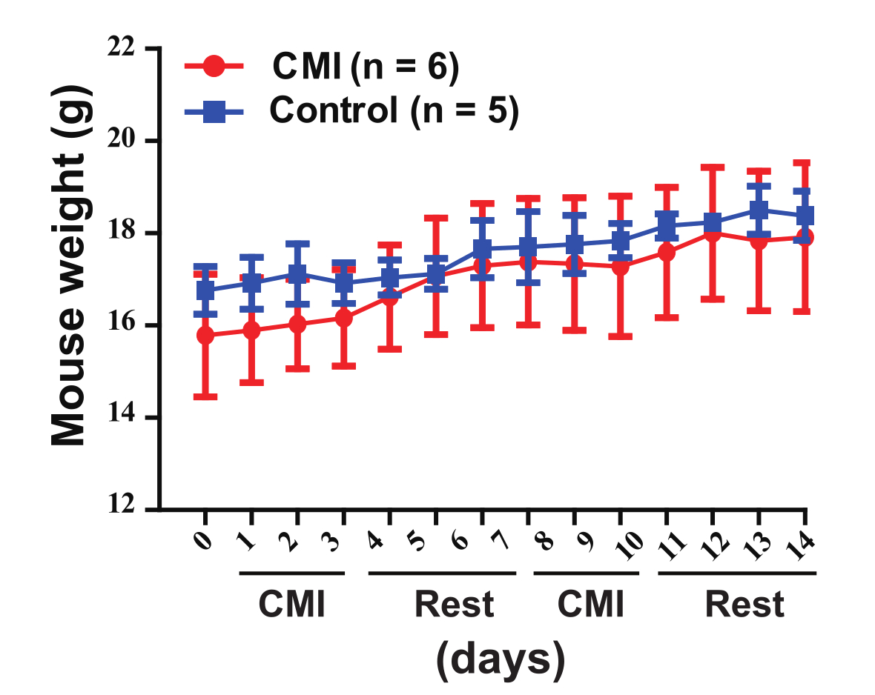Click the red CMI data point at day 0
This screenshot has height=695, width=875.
(205, 336)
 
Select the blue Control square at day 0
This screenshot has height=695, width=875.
(205, 290)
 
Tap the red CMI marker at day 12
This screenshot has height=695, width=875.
(713, 233)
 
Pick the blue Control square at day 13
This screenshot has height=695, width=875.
(759, 210)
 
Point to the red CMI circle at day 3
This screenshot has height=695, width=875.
(344, 318)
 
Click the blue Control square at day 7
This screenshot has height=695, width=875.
(482, 248)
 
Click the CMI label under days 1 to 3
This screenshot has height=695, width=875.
(291, 605)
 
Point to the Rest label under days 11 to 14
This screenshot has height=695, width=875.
(744, 605)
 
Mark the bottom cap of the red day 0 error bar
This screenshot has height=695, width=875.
(205, 397)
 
